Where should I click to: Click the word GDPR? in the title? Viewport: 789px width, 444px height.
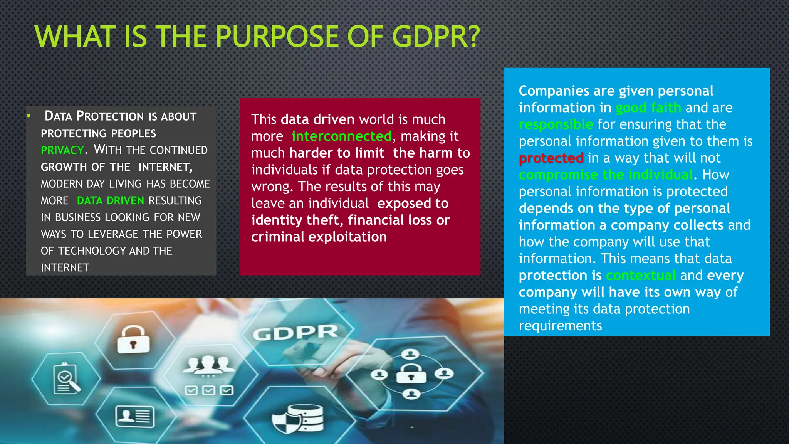pyautogui.click(x=436, y=37)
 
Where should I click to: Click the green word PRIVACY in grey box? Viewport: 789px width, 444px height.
pyautogui.click(x=62, y=150)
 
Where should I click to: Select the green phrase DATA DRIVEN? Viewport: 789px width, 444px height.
pyautogui.click(x=110, y=200)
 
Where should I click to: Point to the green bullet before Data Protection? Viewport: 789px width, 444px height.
pyautogui.click(x=29, y=116)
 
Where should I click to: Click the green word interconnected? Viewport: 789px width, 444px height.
pyautogui.click(x=341, y=136)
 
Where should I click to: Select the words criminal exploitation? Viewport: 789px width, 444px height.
pyautogui.click(x=319, y=237)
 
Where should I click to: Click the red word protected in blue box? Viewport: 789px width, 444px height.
pyautogui.click(x=551, y=158)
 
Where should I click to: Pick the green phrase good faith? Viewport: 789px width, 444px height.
pyautogui.click(x=648, y=108)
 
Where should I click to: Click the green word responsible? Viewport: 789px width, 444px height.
pyautogui.click(x=556, y=124)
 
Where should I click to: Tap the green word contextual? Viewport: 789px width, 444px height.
pyautogui.click(x=641, y=276)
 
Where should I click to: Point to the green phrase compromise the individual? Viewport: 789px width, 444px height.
pyautogui.click(x=606, y=175)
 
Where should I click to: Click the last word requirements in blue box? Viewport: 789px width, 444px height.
pyautogui.click(x=560, y=326)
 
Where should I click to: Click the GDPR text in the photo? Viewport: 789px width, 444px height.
pyautogui.click(x=295, y=333)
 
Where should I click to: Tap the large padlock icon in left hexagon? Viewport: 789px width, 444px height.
pyautogui.click(x=133, y=340)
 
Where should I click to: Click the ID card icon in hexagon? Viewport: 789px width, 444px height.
pyautogui.click(x=135, y=416)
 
